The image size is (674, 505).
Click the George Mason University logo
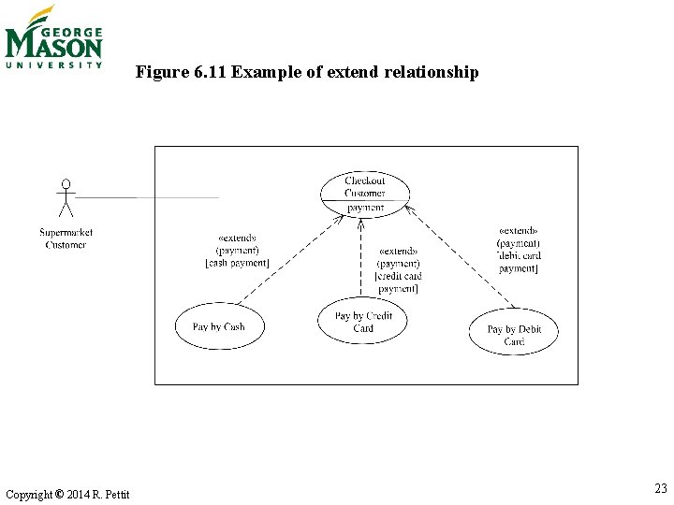click(x=53, y=37)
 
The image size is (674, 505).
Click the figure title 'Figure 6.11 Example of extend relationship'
click(x=306, y=72)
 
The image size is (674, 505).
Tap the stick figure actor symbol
click(x=65, y=198)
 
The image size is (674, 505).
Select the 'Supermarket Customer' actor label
click(x=66, y=238)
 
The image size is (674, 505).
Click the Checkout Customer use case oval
click(x=364, y=187)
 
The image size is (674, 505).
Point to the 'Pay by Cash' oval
click(x=218, y=326)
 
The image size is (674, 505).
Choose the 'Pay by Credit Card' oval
click(x=363, y=322)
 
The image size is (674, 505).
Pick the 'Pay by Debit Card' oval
click(x=514, y=335)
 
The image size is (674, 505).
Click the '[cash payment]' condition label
click(x=237, y=264)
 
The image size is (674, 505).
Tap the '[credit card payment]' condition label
click(x=398, y=281)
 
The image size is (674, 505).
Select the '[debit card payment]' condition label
click(x=519, y=262)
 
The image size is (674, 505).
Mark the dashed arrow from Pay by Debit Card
click(x=463, y=257)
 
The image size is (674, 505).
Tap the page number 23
click(x=660, y=489)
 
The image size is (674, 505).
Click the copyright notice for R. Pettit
click(x=67, y=494)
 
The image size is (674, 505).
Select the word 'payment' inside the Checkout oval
click(x=365, y=208)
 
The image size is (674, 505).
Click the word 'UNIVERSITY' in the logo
click(x=53, y=65)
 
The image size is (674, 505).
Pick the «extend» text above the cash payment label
click(x=236, y=238)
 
